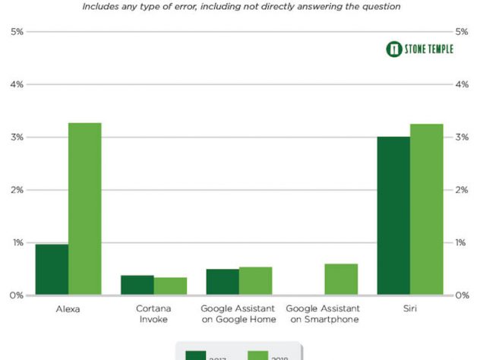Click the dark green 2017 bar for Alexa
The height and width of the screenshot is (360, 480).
point(52,270)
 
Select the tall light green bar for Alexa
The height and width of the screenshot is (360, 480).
point(84,209)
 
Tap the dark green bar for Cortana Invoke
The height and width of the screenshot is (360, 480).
point(137,286)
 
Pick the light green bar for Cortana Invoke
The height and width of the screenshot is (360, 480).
point(170,286)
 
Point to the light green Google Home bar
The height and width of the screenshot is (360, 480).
point(255,281)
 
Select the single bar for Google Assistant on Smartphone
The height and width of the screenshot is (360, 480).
point(341,279)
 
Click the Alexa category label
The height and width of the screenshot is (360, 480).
point(68,310)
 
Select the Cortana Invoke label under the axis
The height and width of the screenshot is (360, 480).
point(153,314)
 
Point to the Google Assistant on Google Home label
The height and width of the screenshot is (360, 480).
point(238,314)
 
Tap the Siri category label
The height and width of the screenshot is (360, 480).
point(410,310)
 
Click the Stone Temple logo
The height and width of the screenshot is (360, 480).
point(419,49)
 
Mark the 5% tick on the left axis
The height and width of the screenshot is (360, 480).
point(17,32)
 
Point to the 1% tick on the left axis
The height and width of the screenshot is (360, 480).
point(17,243)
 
